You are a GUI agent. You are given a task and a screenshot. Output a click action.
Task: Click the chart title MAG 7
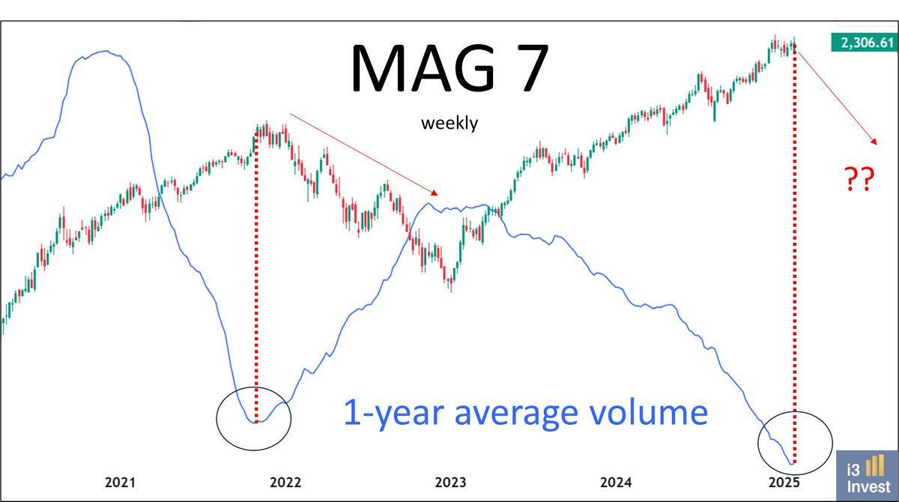(449, 69)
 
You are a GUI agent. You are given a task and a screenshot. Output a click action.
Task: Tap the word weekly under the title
(449, 124)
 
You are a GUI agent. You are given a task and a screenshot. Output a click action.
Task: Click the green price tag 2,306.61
(862, 43)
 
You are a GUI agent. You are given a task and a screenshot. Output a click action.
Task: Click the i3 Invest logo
(866, 475)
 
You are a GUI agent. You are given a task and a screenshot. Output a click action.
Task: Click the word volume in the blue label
(643, 413)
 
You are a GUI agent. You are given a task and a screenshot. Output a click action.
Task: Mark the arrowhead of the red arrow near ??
(874, 142)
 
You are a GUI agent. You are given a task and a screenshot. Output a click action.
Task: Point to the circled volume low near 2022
(254, 422)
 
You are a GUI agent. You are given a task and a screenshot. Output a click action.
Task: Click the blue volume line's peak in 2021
(105, 52)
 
